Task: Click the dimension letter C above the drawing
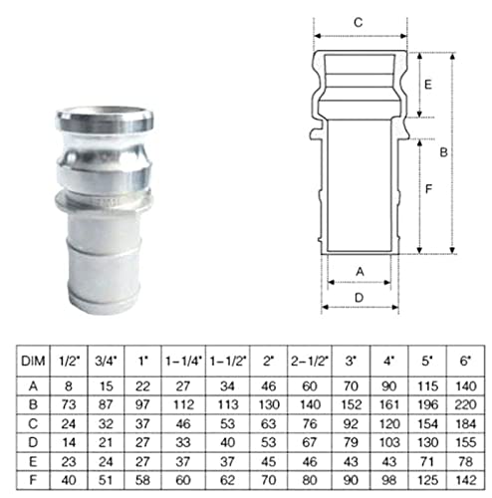(x=359, y=23)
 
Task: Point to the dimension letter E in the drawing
(x=428, y=85)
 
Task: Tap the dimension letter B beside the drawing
(x=443, y=152)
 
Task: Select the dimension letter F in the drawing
(x=428, y=189)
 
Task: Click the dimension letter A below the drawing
(x=360, y=272)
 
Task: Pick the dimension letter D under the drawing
(x=360, y=298)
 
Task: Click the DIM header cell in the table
(x=33, y=361)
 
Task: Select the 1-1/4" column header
(x=183, y=361)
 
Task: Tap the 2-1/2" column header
(x=310, y=361)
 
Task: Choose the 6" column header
(x=465, y=361)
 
